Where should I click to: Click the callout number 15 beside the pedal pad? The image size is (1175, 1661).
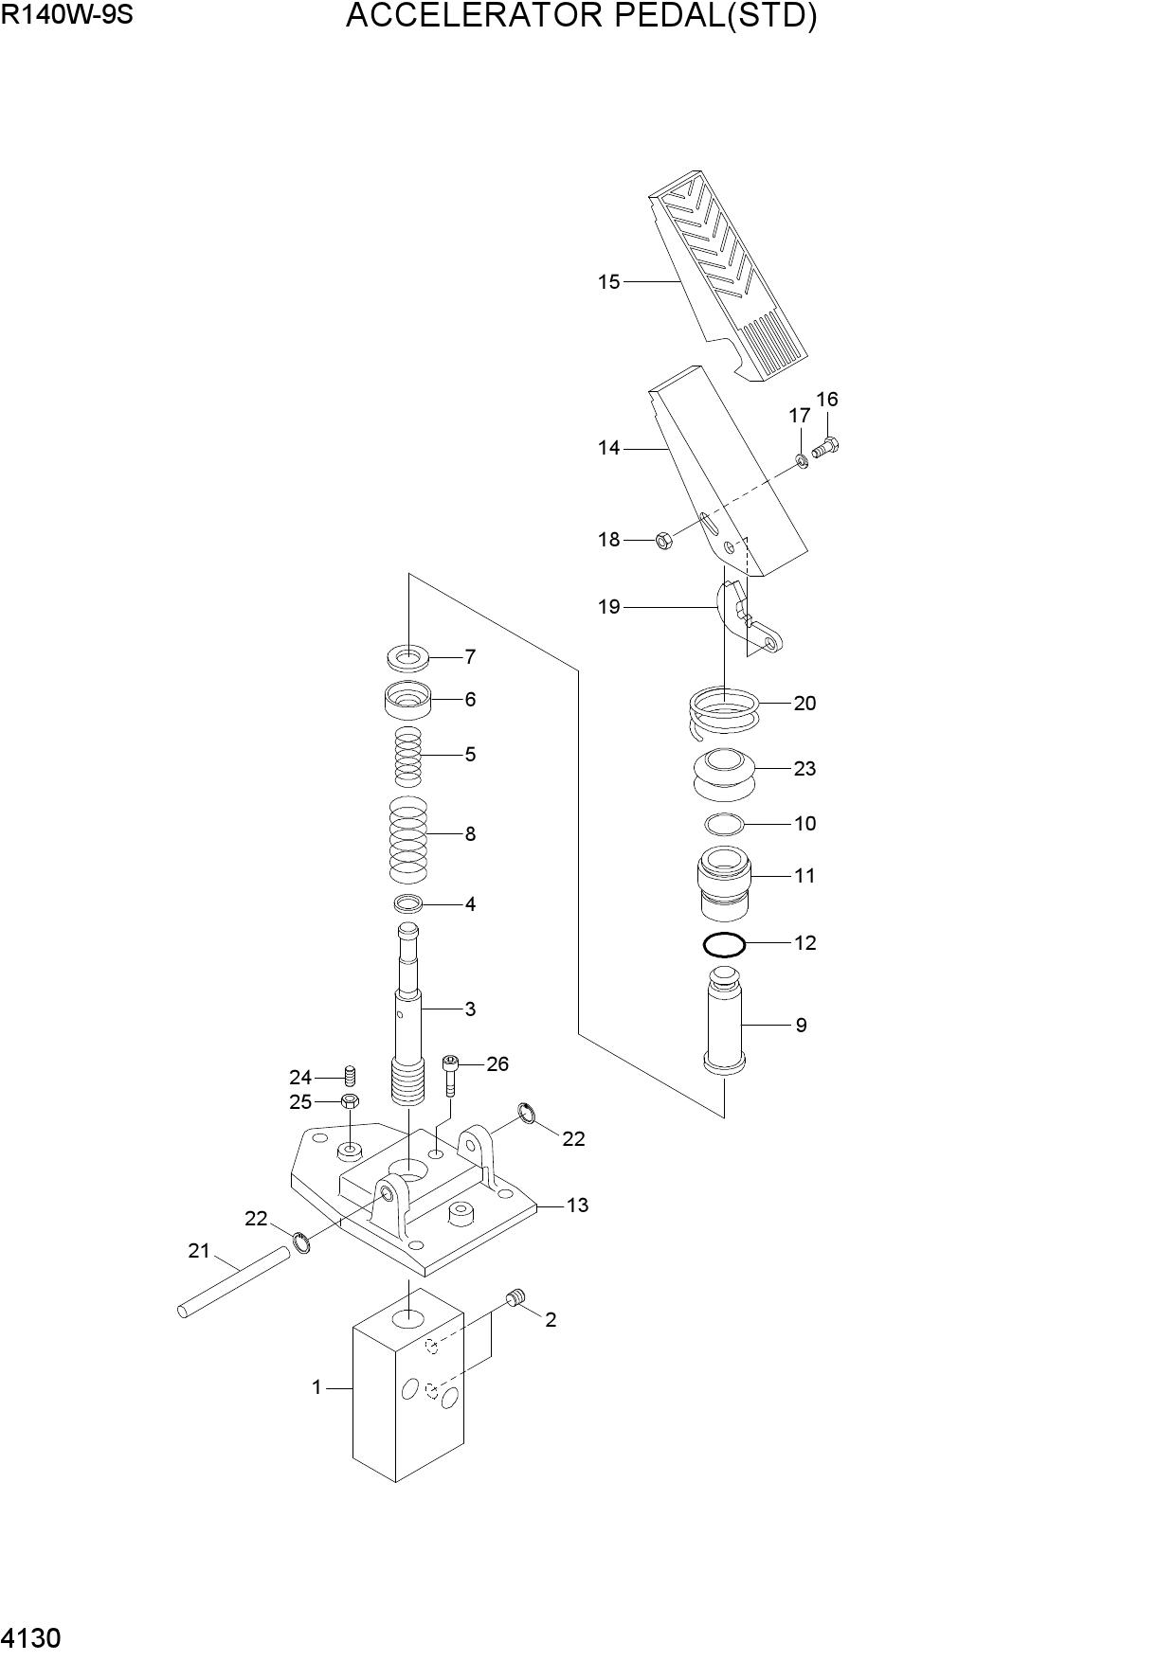click(608, 281)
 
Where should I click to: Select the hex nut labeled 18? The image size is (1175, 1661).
click(664, 542)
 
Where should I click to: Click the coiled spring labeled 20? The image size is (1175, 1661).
click(723, 713)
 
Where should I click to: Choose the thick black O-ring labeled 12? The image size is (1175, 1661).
click(725, 944)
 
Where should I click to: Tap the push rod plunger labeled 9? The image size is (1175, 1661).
click(725, 1021)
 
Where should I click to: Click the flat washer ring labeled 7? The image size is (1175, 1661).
click(408, 655)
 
